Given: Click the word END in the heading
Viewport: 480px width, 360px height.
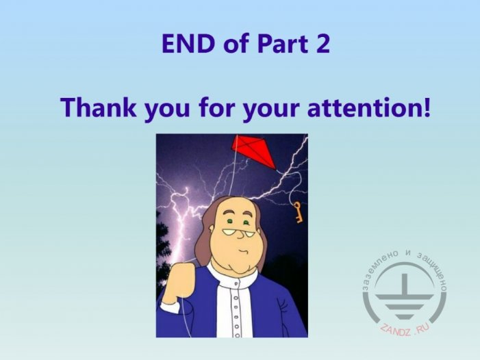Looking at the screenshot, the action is (188, 44).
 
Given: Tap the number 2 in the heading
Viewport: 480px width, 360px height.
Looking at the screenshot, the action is (322, 44).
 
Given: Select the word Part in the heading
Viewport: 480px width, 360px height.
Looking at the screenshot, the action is (282, 44).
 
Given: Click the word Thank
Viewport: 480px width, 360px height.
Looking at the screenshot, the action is (99, 107).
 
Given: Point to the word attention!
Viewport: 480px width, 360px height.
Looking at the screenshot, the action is (369, 108).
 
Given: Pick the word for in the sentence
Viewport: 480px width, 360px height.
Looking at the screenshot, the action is (217, 107).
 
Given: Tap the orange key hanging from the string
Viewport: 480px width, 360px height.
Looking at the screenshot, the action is (298, 211).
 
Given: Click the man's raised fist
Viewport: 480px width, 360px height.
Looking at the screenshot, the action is (180, 282).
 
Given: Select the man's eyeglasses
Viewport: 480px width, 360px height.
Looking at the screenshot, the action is (238, 233).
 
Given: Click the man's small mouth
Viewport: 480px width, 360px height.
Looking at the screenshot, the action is (244, 251).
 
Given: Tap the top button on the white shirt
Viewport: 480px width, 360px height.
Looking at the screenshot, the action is (236, 284).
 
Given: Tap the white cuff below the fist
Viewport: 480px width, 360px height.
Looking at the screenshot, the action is (170, 307).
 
